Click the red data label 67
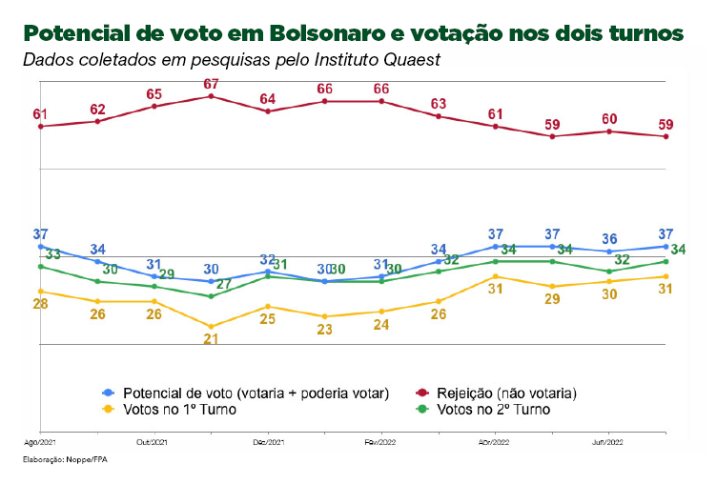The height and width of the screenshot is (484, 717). [212, 85]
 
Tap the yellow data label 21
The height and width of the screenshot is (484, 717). [212, 339]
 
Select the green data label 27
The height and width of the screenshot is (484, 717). [224, 284]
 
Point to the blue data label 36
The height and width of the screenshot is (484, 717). [609, 238]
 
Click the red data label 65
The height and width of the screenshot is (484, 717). [154, 94]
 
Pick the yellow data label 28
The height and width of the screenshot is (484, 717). [40, 304]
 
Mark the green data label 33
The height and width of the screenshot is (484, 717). [53, 254]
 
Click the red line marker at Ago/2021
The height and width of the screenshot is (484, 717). [40, 126]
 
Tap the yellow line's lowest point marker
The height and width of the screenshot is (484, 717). [212, 327]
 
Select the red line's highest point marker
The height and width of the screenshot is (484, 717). [212, 96]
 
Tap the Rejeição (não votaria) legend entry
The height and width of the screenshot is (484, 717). [506, 393]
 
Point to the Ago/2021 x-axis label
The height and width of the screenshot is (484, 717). [40, 443]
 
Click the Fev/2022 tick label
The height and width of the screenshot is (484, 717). [381, 443]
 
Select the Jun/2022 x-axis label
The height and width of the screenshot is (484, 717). [609, 443]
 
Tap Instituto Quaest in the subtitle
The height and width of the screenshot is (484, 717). [380, 60]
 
